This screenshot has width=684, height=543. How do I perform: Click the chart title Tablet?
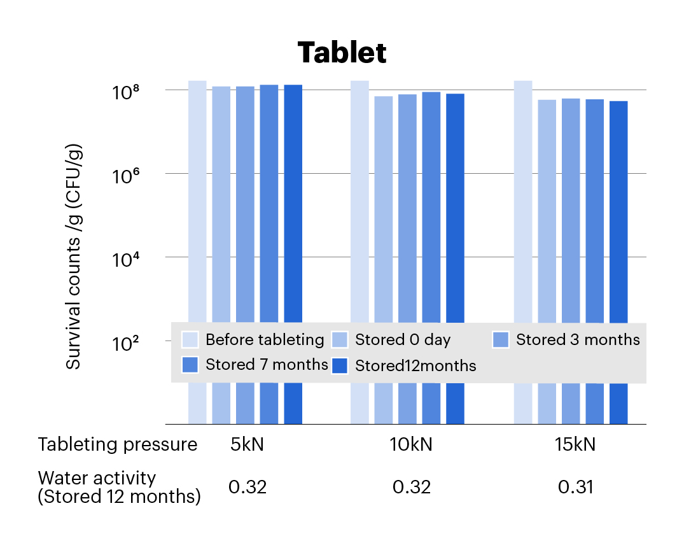click(342, 53)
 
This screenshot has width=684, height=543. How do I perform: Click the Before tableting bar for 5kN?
click(197, 204)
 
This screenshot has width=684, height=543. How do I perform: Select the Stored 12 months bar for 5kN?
click(293, 204)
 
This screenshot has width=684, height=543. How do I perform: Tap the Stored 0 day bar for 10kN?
click(384, 210)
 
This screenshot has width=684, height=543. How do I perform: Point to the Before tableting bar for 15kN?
click(523, 204)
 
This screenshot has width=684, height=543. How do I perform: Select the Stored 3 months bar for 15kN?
click(571, 210)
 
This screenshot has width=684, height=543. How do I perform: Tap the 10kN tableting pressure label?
click(411, 444)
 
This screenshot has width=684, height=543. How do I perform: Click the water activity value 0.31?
click(575, 488)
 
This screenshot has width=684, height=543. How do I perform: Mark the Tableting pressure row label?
click(118, 444)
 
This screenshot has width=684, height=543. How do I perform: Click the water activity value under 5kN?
click(248, 488)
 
